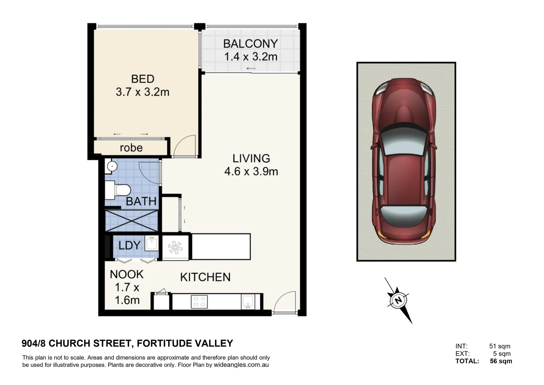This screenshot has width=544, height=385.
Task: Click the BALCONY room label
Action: [250, 44]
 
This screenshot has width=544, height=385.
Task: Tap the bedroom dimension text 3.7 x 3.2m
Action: [142, 92]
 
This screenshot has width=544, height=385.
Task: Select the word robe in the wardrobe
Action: [131, 148]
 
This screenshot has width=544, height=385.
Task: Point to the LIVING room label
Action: [251, 158]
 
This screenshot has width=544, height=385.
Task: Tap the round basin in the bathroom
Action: [112, 166]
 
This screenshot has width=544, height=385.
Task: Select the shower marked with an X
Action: [131, 221]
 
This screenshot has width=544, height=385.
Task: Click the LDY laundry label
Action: [130, 245]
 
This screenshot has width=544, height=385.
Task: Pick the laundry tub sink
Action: [152, 243]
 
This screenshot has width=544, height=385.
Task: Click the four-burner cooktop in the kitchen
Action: [199, 302]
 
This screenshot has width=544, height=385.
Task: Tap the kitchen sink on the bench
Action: [248, 302]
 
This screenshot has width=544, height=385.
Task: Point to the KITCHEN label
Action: [205, 277]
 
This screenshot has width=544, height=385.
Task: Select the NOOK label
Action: [126, 274]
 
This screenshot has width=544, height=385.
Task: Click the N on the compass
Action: [398, 301]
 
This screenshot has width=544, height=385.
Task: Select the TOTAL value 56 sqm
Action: [501, 361]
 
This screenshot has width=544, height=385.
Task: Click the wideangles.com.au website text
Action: [241, 365]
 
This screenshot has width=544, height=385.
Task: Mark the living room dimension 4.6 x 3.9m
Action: [251, 171]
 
